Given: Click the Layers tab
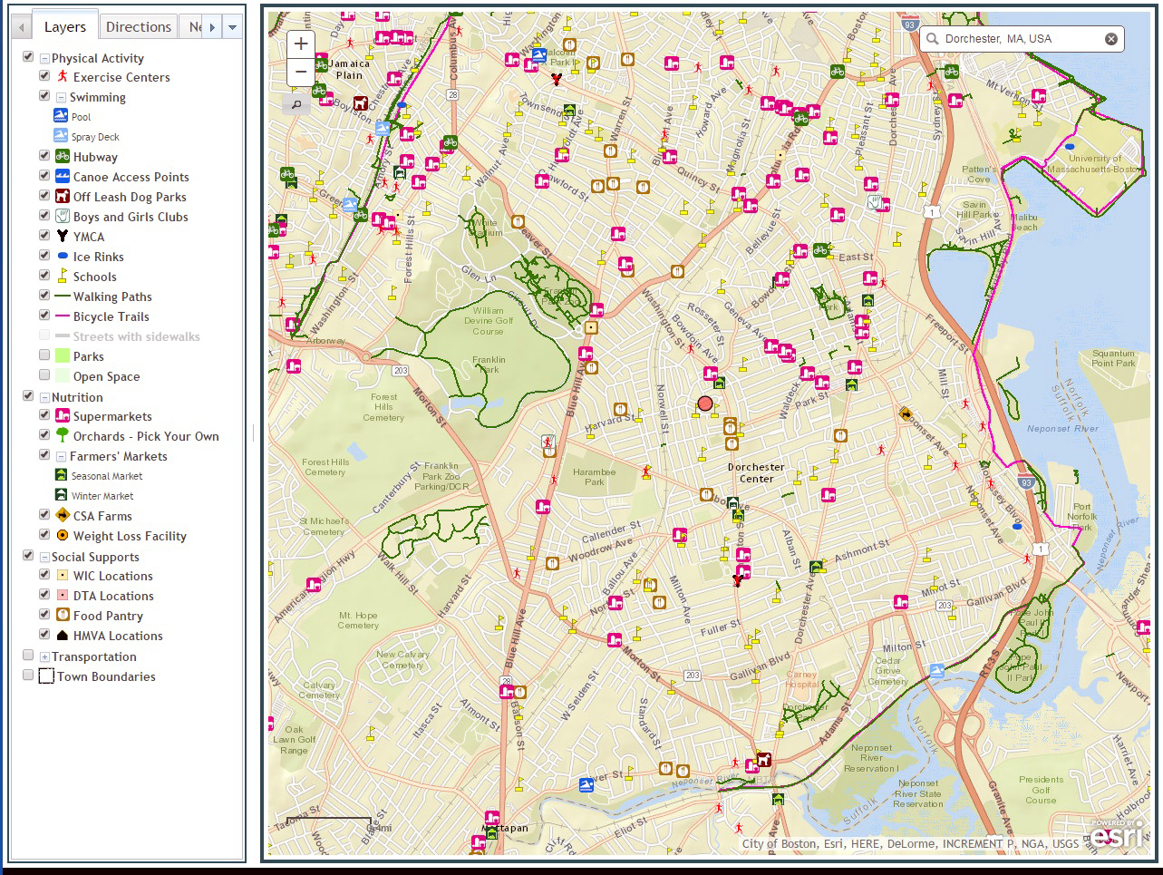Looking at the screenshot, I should click(64, 27).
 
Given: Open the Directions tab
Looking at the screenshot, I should click(138, 27).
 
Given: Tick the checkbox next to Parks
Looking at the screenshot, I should click(44, 355).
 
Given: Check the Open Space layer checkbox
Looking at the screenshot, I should click(44, 375).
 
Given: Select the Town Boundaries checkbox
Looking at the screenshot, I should click(28, 676).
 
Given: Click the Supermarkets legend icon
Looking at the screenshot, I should click(63, 416).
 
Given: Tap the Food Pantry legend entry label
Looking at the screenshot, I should click(108, 616).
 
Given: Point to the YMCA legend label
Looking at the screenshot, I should click(89, 237).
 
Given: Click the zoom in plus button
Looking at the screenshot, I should click(301, 44).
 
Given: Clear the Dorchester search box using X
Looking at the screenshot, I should click(1110, 39).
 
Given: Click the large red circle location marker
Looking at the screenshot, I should click(705, 403).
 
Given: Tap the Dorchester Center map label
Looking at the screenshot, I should click(756, 472).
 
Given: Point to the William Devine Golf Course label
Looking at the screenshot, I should click(489, 320).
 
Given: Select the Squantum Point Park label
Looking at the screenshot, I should click(1113, 358).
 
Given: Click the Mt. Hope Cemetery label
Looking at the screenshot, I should click(358, 620).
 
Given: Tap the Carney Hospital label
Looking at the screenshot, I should click(801, 679).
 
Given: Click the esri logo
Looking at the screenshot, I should click(1118, 836).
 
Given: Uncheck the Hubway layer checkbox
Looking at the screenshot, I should click(44, 156).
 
